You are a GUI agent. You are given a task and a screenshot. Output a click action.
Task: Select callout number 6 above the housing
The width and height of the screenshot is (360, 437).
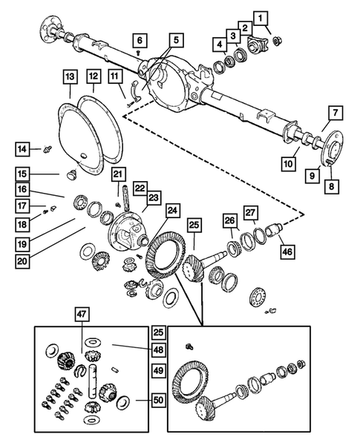(140, 40)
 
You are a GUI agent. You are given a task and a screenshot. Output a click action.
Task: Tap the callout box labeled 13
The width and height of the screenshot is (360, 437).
(69, 76)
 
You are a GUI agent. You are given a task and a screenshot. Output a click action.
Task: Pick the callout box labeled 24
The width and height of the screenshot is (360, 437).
(172, 211)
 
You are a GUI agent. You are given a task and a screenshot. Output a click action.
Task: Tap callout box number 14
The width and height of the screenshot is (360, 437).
(23, 150)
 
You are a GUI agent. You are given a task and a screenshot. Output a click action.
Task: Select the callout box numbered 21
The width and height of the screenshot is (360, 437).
(118, 174)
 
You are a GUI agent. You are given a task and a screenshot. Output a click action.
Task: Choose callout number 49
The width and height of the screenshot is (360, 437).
(157, 370)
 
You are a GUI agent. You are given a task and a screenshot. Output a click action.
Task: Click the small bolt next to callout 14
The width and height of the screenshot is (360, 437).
(45, 150)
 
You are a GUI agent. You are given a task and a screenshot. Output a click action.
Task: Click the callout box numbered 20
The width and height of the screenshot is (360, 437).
(23, 261)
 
